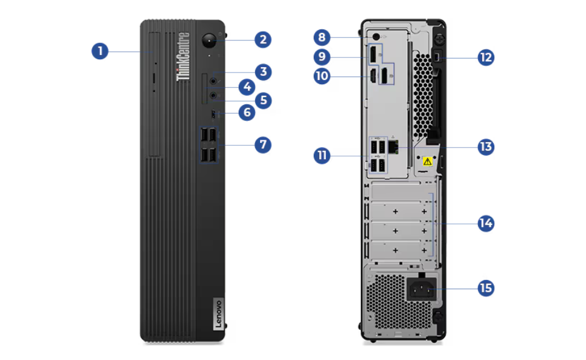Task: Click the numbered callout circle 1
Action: [99, 51]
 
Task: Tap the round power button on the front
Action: [209, 40]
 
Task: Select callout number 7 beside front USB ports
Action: [263, 145]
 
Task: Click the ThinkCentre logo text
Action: [183, 56]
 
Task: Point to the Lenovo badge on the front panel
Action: [219, 314]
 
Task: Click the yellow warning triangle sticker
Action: [427, 161]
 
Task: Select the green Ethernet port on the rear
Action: [393, 147]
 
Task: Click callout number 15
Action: [486, 288]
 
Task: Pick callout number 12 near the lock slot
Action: [486, 57]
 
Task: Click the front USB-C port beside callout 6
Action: [214, 114]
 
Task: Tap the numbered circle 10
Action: [322, 76]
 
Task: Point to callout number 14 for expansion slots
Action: [486, 223]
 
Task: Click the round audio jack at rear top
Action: [376, 37]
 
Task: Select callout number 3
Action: [263, 72]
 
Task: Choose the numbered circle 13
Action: [486, 147]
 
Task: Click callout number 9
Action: [322, 57]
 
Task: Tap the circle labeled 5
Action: [263, 101]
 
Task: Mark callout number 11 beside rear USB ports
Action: [322, 156]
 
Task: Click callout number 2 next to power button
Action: [263, 40]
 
